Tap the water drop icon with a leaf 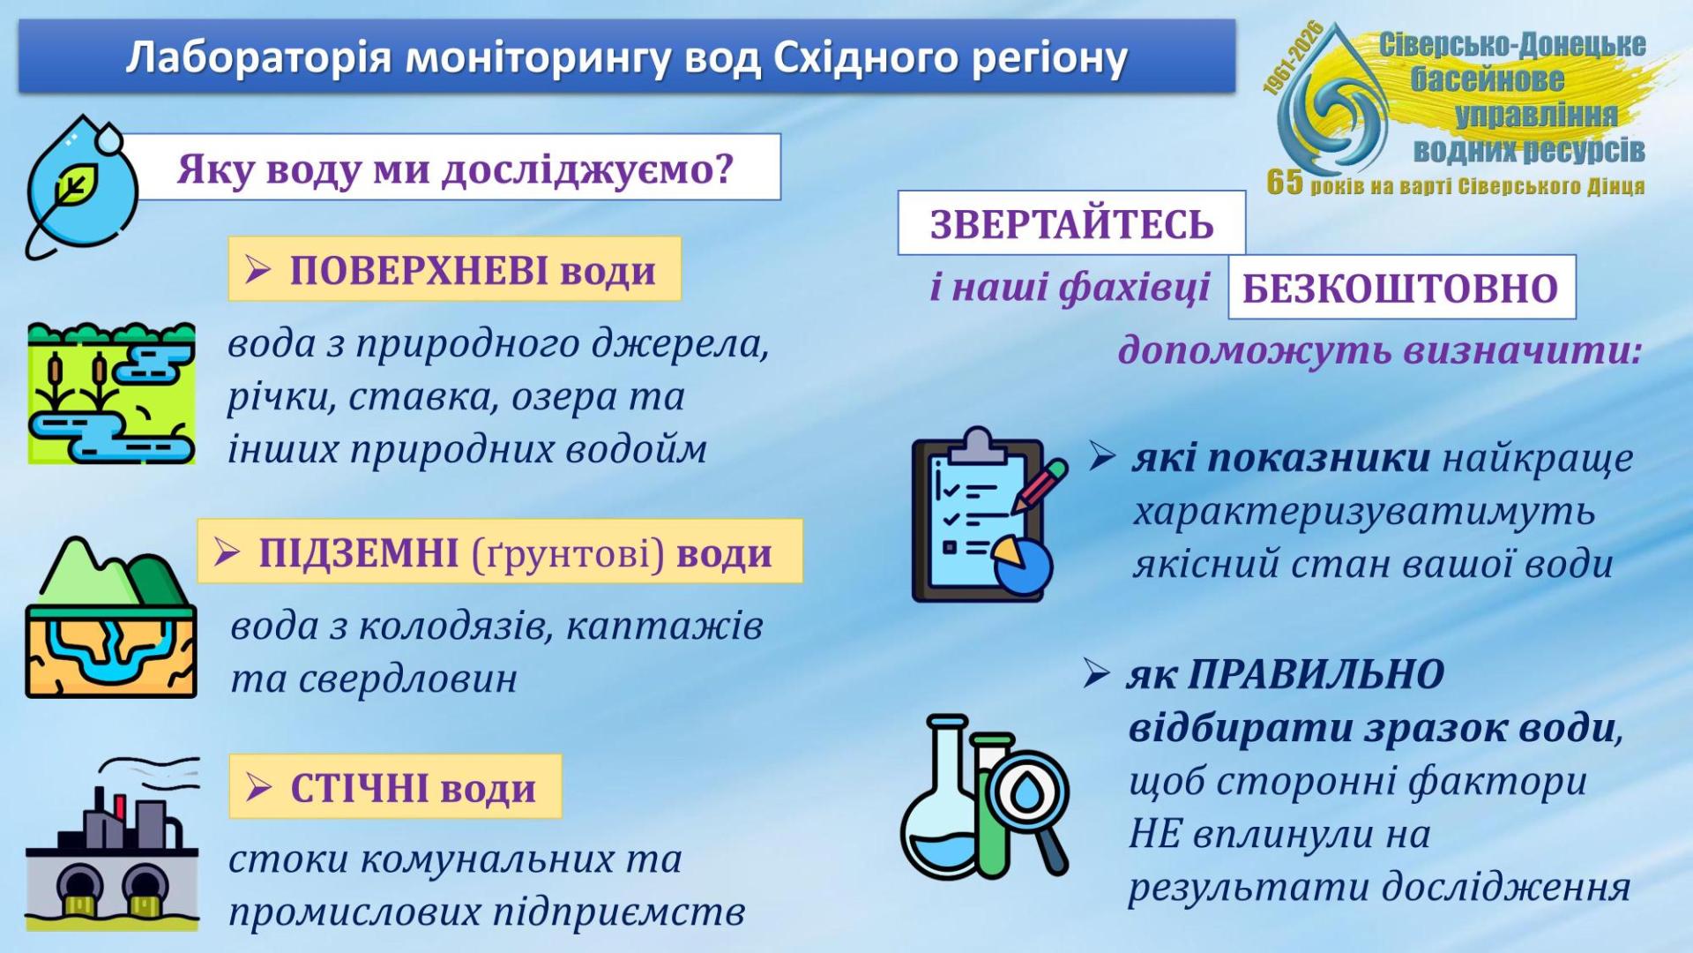pyautogui.click(x=81, y=185)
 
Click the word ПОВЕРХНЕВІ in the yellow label pyautogui.click(x=419, y=270)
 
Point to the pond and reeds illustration pyautogui.click(x=111, y=394)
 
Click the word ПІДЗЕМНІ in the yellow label pyautogui.click(x=358, y=552)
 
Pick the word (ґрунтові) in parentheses pyautogui.click(x=568, y=554)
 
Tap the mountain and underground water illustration pyautogui.click(x=111, y=617)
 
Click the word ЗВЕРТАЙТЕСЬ pyautogui.click(x=1071, y=224)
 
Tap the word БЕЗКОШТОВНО pyautogui.click(x=1400, y=289)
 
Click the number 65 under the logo pyautogui.click(x=1285, y=181)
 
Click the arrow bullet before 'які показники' pyautogui.click(x=1102, y=456)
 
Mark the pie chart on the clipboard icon pyautogui.click(x=1023, y=563)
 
